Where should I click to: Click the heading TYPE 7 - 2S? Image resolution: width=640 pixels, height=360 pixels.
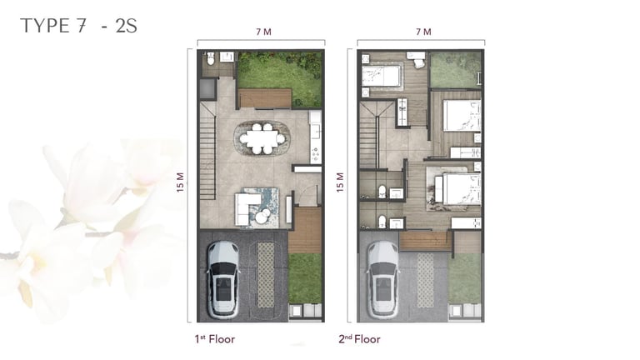(x=78, y=26)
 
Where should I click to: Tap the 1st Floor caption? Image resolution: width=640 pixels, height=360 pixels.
(x=215, y=339)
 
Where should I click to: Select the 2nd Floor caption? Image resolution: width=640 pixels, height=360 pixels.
(x=359, y=339)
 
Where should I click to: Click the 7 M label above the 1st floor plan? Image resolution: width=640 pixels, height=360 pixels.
(x=263, y=32)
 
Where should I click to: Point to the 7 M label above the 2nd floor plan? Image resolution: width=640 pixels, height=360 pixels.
(x=423, y=32)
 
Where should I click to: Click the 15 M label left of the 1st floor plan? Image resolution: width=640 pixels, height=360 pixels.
(x=180, y=182)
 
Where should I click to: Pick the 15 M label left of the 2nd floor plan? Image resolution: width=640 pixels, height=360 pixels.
(x=340, y=182)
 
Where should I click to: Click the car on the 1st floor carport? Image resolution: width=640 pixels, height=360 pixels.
(x=222, y=280)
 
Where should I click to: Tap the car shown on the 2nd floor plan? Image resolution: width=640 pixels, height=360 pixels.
(x=382, y=280)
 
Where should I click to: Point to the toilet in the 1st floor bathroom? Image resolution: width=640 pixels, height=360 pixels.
(x=211, y=59)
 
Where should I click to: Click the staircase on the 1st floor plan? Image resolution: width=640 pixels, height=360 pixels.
(x=207, y=150)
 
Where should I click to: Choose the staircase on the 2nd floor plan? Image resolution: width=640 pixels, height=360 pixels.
(x=368, y=135)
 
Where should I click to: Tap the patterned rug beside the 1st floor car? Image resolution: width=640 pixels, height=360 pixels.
(x=266, y=275)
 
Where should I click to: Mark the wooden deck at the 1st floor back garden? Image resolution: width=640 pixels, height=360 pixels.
(x=264, y=98)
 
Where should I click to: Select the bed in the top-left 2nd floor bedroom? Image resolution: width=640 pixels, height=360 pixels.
(x=381, y=76)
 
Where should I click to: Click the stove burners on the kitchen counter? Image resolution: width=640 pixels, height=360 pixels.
(x=316, y=154)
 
